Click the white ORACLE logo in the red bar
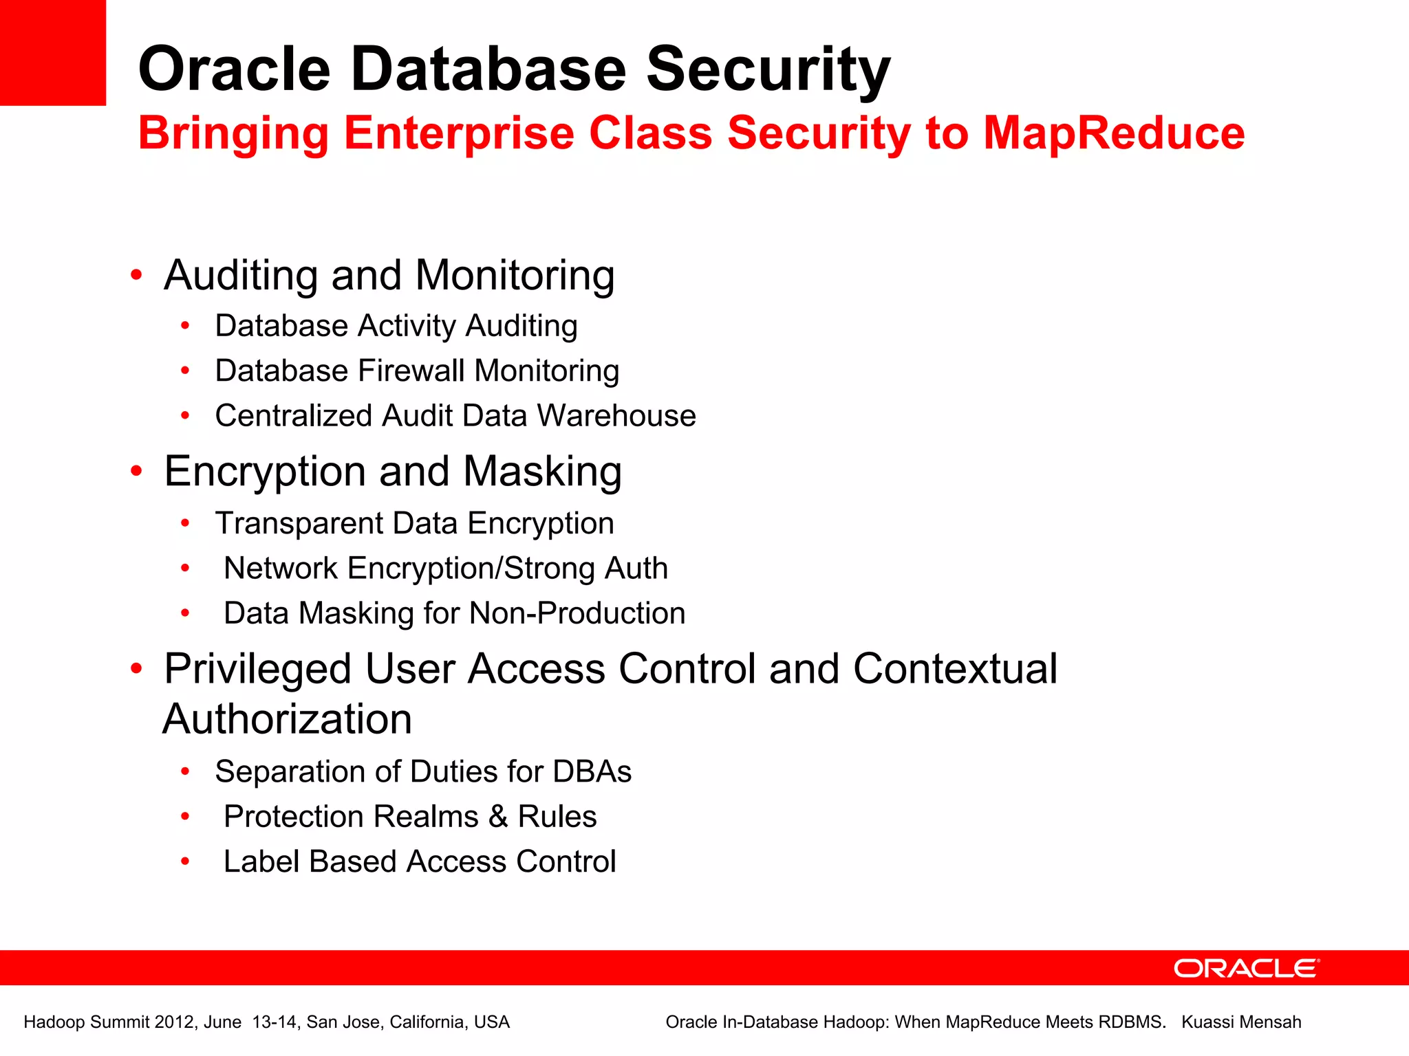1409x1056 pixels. coord(1247,968)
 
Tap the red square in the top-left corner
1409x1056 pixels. coord(53,53)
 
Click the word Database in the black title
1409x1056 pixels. coord(488,69)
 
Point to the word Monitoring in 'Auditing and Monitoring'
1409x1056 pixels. coord(515,275)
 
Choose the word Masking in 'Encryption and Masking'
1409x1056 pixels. coord(542,472)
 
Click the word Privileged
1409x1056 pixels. coord(258,669)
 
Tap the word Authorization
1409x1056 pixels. coord(288,719)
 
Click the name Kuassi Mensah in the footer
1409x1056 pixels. coord(1241,1022)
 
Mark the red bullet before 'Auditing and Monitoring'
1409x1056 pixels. coord(136,275)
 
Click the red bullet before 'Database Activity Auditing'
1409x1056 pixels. coord(184,326)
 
